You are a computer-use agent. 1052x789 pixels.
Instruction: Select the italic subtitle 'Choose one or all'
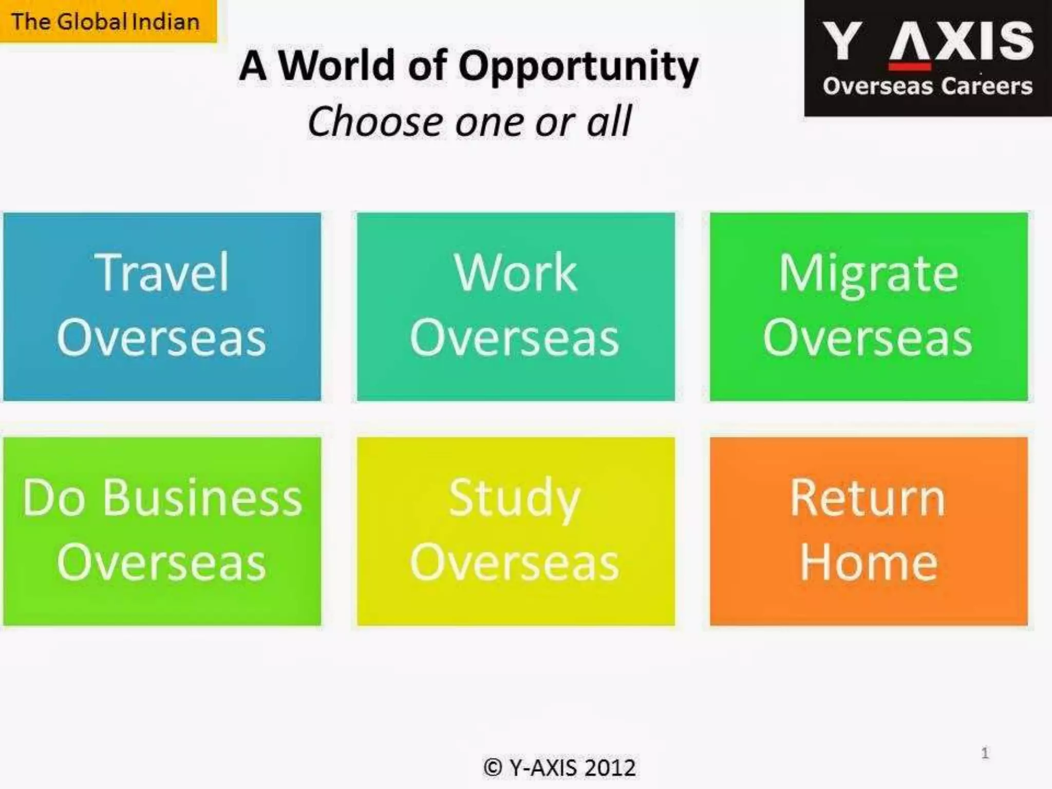pos(468,121)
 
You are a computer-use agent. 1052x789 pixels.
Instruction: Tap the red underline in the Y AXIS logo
pos(909,67)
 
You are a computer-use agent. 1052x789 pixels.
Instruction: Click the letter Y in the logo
pos(841,41)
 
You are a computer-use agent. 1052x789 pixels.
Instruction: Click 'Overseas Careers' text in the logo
pos(927,86)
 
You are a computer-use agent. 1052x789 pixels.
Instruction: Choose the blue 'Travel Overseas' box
pos(162,307)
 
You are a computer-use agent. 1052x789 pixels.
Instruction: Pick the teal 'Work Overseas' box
pos(515,307)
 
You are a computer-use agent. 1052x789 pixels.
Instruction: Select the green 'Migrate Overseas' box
pos(869,307)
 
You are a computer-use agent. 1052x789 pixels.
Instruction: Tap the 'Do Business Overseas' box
pos(162,531)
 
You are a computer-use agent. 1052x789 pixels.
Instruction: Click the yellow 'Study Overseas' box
pos(515,531)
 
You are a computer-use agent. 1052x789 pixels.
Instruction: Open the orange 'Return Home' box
pos(869,531)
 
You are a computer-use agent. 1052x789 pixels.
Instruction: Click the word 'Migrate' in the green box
pos(869,274)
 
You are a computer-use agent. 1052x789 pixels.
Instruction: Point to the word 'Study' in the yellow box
pos(514,499)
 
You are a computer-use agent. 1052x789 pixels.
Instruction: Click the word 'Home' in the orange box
pos(869,563)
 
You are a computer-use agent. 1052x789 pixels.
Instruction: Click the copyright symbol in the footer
pos(493,768)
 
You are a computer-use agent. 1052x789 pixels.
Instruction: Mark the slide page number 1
pos(985,753)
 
